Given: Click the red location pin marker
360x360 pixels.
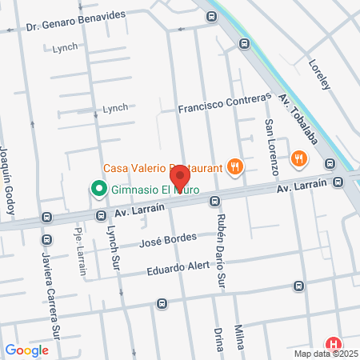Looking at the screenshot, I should point(180,177).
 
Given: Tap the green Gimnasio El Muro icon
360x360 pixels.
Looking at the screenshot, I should point(98,190).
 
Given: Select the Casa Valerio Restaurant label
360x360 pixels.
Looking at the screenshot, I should point(163,168).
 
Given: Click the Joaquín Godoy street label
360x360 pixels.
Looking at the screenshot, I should point(7,179).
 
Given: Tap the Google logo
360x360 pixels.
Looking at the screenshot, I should point(27,350).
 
